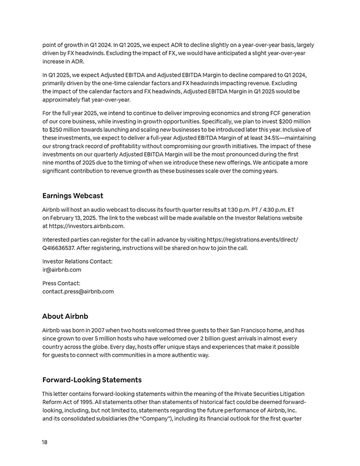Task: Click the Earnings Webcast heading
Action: [x=73, y=195]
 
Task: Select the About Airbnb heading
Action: [x=65, y=316]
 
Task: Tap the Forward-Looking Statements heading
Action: [x=92, y=380]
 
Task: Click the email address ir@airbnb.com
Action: [x=61, y=270]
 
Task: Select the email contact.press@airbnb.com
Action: [x=78, y=291]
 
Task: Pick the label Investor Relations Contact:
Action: [x=77, y=261]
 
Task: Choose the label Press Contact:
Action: [x=61, y=283]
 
